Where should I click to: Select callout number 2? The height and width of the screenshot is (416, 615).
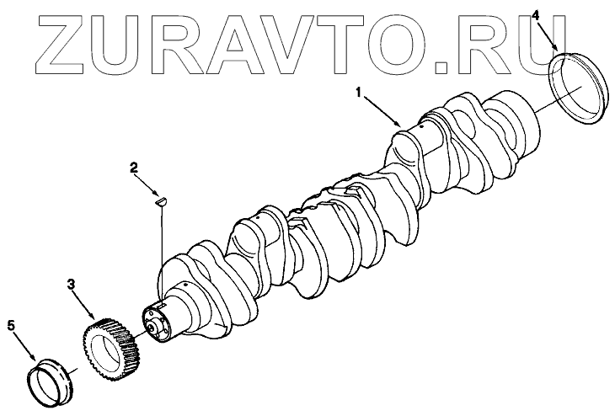click(133, 168)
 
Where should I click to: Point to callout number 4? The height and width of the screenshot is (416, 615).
click(537, 15)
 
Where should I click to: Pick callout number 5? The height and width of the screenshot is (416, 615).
click(12, 324)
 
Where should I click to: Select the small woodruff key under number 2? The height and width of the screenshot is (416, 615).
click(163, 200)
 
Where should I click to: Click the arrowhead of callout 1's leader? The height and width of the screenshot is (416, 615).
click(399, 126)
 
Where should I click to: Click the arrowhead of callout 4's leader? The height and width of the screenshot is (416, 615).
click(557, 52)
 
